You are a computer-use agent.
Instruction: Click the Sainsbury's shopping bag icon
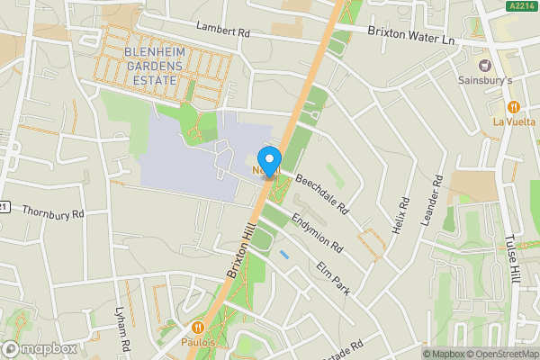486,64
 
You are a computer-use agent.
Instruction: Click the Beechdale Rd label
322,193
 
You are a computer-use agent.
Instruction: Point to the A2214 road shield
517,6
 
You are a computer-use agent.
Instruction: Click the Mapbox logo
40,348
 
